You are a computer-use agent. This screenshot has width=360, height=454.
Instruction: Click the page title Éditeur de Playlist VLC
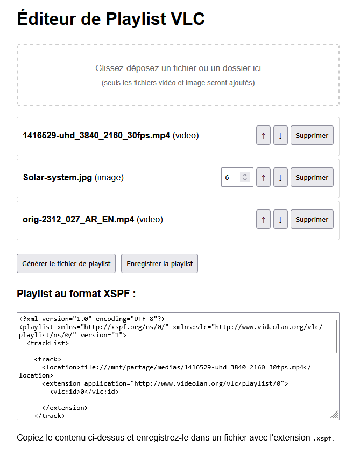111,19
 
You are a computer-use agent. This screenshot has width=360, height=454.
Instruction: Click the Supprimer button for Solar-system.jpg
312,177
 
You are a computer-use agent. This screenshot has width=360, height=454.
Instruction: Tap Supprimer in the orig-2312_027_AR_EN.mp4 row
312,219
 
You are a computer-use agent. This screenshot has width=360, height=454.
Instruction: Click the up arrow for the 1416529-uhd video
263,135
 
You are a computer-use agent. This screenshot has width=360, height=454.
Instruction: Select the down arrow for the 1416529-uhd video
280,135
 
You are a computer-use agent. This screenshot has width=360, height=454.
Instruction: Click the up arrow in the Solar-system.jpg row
263,177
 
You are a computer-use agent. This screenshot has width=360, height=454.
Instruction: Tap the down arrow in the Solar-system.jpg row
280,177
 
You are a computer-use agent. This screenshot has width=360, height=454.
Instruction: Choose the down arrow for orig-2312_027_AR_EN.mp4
280,219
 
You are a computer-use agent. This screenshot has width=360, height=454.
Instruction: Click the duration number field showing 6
231,177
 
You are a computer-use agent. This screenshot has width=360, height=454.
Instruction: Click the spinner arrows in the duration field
245,177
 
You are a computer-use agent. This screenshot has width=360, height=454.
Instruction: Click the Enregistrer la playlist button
159,263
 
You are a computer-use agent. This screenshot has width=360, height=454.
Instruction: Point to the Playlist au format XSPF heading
76,294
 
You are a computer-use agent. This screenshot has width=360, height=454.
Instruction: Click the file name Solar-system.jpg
58,177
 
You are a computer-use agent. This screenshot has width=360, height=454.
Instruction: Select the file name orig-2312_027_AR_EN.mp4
79,220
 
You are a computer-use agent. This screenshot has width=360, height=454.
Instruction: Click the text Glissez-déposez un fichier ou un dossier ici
178,68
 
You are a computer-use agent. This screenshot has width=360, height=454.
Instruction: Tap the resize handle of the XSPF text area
335,415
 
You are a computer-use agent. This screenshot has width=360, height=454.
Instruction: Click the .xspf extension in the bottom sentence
323,438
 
